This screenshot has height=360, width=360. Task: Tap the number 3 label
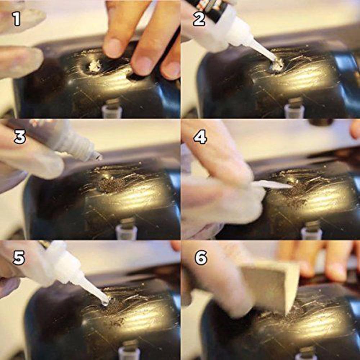(20, 137)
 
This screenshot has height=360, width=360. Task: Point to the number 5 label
(19, 258)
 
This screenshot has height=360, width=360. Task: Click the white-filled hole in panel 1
(95, 66)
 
